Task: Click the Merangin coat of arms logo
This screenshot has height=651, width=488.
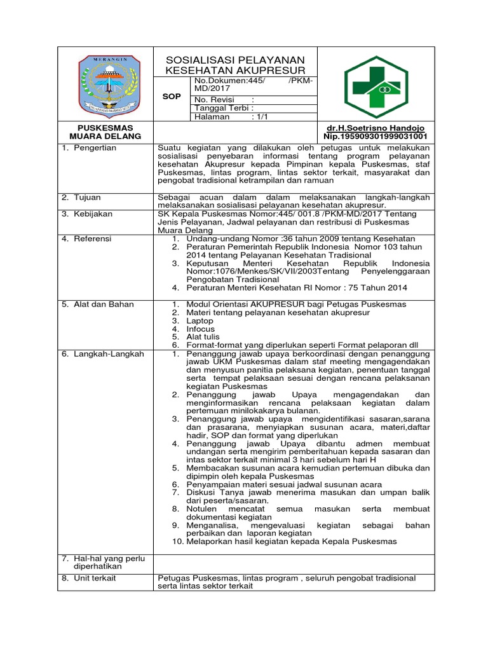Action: pyautogui.click(x=107, y=83)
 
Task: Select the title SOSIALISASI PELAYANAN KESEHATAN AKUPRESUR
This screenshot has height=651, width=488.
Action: pyautogui.click(x=235, y=64)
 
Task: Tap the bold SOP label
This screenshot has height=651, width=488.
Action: pyautogui.click(x=172, y=97)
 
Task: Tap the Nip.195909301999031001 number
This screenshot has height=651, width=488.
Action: pyautogui.click(x=376, y=136)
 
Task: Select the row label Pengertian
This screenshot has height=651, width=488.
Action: pyautogui.click(x=93, y=148)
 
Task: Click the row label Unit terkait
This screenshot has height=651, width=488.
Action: pyautogui.click(x=95, y=578)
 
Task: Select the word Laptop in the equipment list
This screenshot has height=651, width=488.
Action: pyautogui.click(x=200, y=320)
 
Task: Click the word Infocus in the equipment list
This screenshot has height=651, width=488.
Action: pyautogui.click(x=200, y=329)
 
